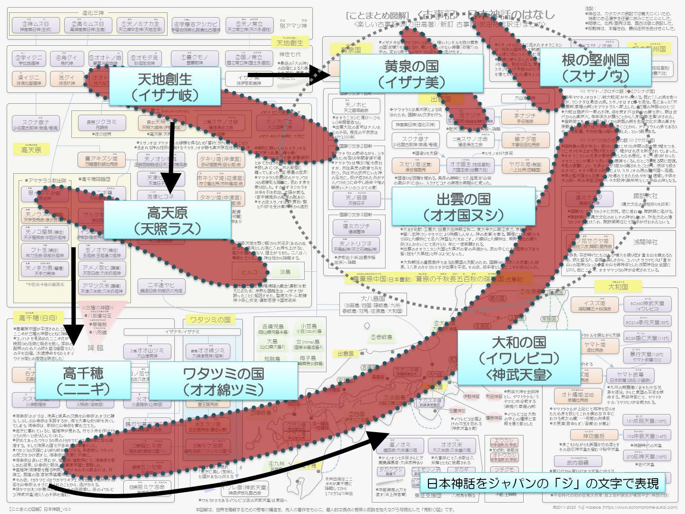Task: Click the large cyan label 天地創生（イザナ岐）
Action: [165, 86]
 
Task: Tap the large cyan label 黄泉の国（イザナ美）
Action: [411, 73]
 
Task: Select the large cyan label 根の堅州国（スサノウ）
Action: [595, 68]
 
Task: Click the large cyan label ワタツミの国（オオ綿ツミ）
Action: [223, 380]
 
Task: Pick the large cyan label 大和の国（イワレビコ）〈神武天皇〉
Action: [519, 357]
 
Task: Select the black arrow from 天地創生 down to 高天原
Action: [171, 157]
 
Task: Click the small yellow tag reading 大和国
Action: [618, 287]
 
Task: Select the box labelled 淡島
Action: [285, 272]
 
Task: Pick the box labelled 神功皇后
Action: [593, 435]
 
